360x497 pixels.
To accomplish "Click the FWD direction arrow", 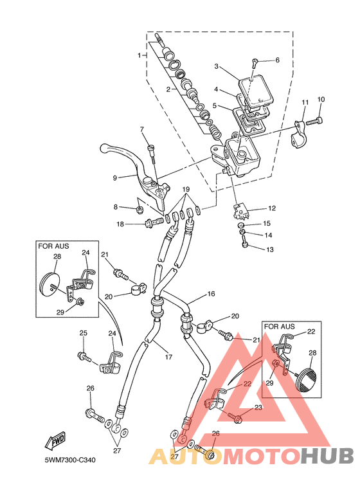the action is tap(55, 440).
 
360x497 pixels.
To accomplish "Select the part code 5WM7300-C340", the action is tap(70, 460).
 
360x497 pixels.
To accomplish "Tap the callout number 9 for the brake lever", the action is tap(115, 178).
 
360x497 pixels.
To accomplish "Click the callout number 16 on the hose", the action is tap(211, 294).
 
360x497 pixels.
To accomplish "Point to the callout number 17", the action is tap(168, 357).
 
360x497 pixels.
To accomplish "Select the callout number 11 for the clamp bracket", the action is tap(305, 102).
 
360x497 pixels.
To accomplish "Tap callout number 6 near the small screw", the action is tap(277, 60).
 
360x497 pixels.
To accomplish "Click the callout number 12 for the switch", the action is tap(272, 208).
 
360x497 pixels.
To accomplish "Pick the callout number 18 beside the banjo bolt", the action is tap(120, 224).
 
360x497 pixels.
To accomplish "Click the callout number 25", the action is tap(83, 333).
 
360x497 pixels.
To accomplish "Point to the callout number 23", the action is tap(258, 407).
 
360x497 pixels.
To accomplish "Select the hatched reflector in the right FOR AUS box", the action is tap(308, 379).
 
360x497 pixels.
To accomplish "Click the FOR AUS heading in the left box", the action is tap(53, 246).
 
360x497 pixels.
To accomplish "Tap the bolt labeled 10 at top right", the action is tap(315, 121).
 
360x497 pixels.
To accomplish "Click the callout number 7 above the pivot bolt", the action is tap(141, 129).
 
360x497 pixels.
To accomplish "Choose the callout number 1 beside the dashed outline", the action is tap(139, 55).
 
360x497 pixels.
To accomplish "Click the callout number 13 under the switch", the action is tap(270, 249).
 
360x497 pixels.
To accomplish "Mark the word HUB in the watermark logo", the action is tap(327, 456).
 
